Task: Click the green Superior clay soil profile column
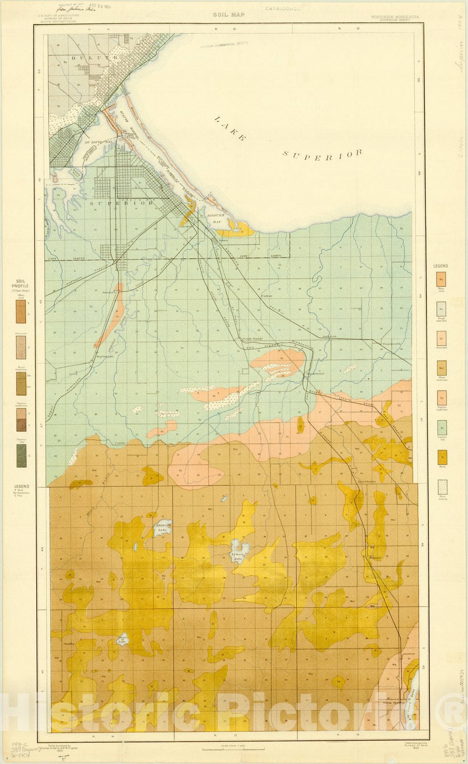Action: click(x=21, y=456)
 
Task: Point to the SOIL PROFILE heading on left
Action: click(x=21, y=284)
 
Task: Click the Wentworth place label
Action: click(x=391, y=344)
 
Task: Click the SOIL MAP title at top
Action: click(x=228, y=15)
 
